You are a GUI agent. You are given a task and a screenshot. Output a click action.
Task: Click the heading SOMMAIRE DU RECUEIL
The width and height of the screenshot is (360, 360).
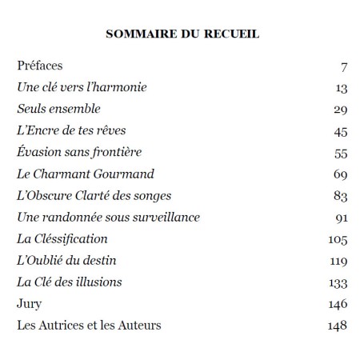(x=180, y=35)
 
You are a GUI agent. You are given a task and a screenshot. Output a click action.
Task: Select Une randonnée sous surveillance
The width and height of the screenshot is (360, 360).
(x=108, y=217)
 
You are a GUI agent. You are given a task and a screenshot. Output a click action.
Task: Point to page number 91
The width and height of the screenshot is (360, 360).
(x=338, y=217)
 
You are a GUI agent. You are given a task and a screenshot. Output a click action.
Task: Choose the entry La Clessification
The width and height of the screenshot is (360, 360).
(x=62, y=238)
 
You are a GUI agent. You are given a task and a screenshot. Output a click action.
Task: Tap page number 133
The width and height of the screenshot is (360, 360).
(x=336, y=282)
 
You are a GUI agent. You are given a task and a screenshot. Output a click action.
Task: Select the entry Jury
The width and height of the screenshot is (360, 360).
(x=29, y=303)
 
